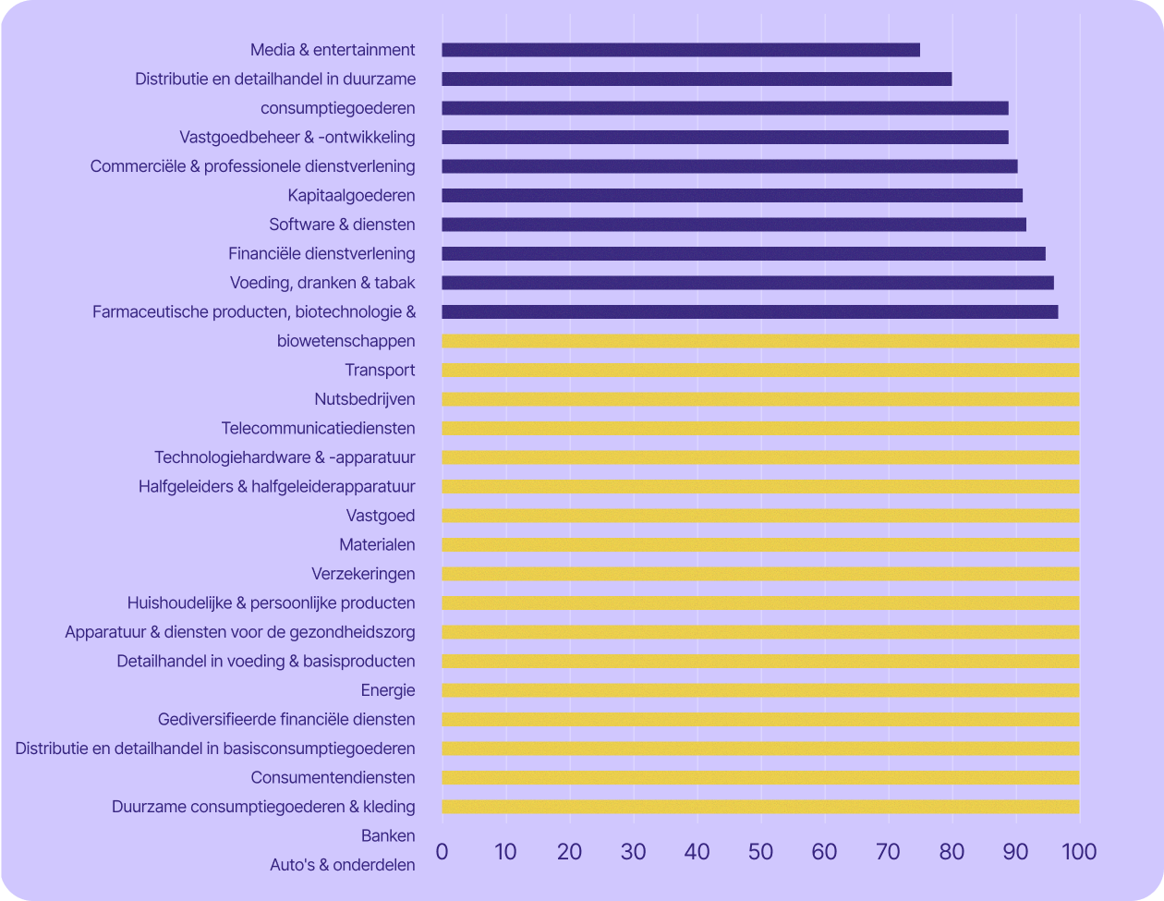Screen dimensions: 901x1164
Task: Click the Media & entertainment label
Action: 333,50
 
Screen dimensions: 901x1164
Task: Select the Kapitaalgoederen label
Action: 351,195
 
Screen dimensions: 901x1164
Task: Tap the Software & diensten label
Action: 342,225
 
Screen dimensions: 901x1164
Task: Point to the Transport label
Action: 380,371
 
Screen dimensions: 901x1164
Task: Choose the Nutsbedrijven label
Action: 364,399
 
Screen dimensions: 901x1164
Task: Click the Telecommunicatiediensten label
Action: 318,429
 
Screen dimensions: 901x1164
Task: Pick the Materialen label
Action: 377,545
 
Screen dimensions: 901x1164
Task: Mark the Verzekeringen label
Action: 363,574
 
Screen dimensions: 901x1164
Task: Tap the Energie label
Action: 388,690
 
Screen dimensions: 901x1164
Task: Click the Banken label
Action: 388,836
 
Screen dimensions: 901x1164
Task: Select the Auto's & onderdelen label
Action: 342,866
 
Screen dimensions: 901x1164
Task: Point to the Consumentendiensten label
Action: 333,778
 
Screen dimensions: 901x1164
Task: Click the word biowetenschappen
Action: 346,341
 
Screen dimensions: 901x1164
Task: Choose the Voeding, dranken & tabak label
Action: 322,283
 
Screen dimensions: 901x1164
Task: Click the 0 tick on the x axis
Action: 442,851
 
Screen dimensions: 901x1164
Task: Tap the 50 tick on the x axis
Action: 760,851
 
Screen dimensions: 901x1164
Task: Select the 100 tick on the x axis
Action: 1079,851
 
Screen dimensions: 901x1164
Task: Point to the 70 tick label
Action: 888,851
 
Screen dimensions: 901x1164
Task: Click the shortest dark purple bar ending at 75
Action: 681,50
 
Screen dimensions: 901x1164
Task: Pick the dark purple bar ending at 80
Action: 697,79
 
